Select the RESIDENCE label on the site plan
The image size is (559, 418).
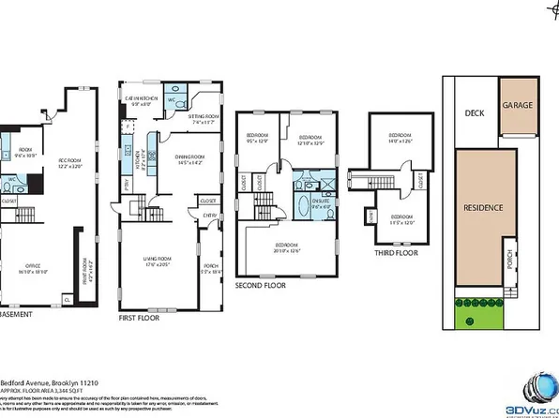point(485,207)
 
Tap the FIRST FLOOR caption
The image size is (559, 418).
point(139,319)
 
